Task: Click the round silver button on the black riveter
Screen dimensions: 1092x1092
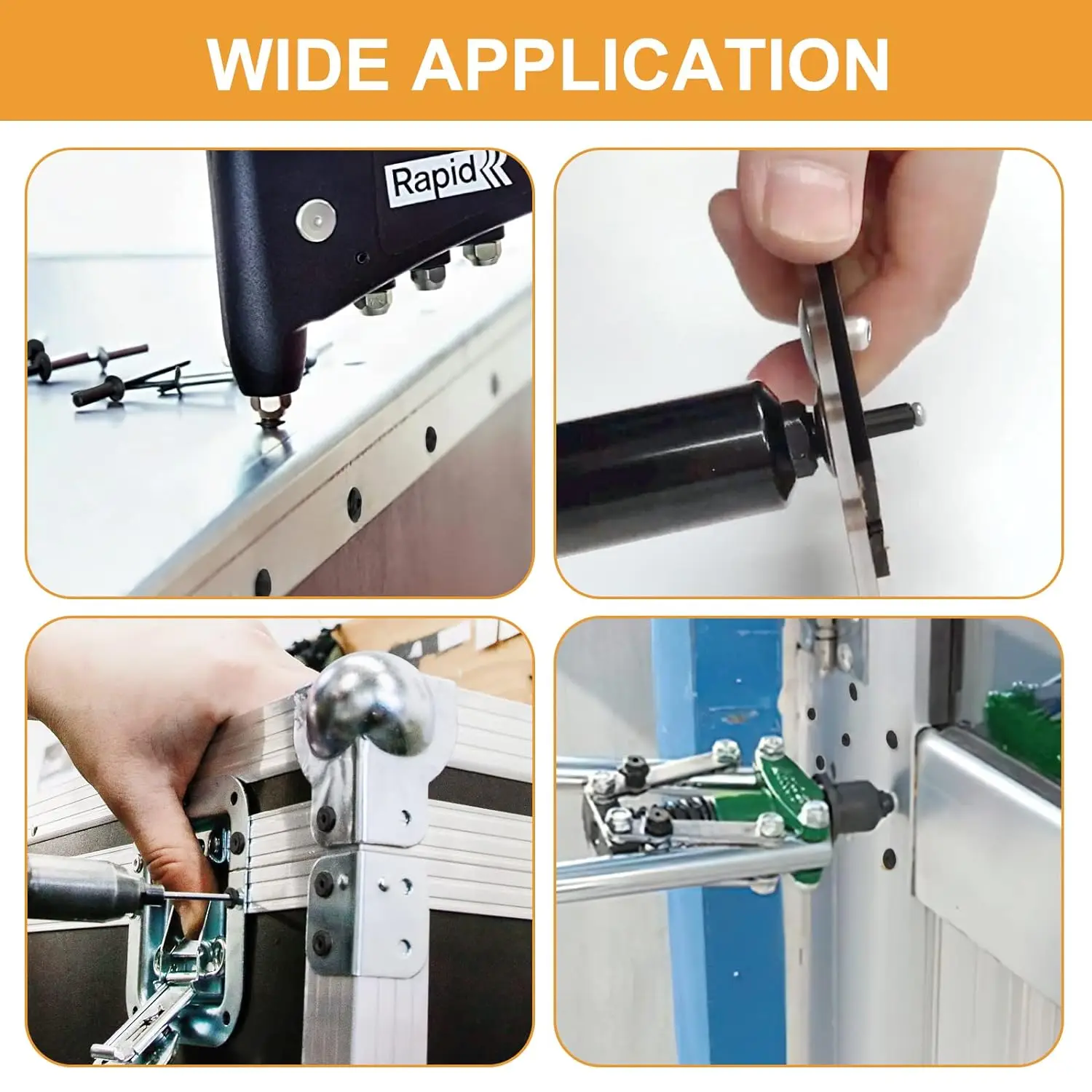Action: coord(316,218)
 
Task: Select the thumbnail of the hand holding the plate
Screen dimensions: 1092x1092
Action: coord(809,373)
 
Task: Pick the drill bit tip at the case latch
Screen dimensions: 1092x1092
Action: coord(232,896)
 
